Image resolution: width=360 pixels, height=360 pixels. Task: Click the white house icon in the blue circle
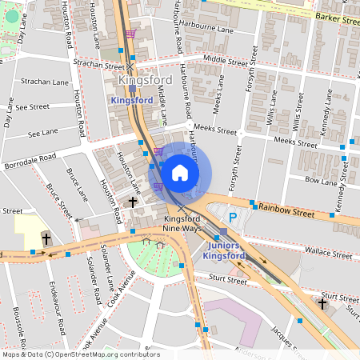click(x=180, y=173)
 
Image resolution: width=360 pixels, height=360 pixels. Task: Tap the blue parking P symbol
click(x=233, y=217)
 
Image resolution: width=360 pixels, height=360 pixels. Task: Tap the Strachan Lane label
click(x=45, y=82)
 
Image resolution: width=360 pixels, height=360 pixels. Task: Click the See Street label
click(x=32, y=106)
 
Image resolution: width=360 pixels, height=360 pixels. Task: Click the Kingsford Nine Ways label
click(x=180, y=224)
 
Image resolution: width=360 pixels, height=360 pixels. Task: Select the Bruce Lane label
click(x=78, y=183)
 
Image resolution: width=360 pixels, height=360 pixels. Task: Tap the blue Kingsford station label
click(x=131, y=100)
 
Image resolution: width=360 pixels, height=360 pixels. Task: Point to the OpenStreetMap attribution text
click(x=81, y=354)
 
